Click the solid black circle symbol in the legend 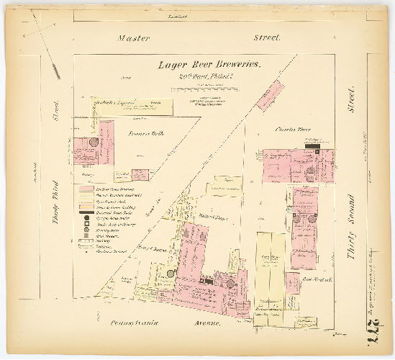86,217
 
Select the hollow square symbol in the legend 86,229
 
